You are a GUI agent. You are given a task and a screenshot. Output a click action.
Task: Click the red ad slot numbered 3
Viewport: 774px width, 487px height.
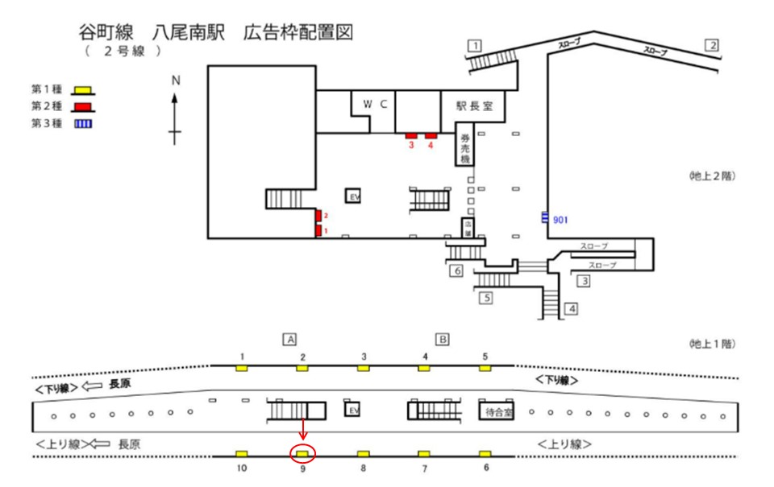click(x=411, y=135)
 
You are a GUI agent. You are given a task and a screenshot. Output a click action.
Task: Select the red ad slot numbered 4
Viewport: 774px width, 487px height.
click(x=431, y=135)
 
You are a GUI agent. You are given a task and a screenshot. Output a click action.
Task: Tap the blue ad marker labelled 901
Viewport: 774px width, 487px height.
click(x=546, y=217)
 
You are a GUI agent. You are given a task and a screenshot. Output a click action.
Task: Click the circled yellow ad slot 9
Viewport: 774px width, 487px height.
click(x=302, y=454)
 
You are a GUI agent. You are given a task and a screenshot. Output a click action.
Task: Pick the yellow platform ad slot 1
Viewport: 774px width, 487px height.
click(x=241, y=368)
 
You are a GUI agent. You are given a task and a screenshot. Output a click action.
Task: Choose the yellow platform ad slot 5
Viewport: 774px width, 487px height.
click(x=485, y=368)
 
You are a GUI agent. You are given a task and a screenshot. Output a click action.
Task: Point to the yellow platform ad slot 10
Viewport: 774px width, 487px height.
click(x=241, y=454)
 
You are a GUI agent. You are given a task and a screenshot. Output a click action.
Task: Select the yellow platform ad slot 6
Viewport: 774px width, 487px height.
click(x=485, y=454)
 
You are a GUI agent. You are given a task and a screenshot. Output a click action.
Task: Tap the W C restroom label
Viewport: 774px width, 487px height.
click(x=375, y=105)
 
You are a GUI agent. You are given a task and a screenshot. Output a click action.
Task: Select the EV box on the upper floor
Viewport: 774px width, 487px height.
click(x=352, y=196)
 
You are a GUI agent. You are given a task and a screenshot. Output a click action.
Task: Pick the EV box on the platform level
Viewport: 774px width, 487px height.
click(x=352, y=411)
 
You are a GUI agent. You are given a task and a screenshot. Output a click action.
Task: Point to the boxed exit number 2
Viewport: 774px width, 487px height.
click(x=712, y=45)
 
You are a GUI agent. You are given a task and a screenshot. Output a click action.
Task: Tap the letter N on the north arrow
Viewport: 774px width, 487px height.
click(x=174, y=80)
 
